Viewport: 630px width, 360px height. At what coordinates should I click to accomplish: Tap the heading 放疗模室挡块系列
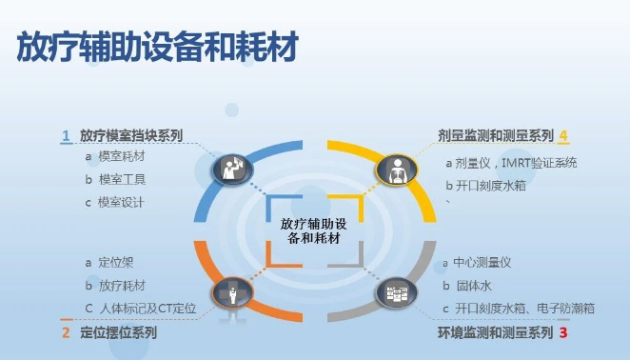coord(131,135)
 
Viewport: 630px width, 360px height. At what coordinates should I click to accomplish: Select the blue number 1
coord(66,135)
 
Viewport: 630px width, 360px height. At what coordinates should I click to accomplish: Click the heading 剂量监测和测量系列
coord(496,135)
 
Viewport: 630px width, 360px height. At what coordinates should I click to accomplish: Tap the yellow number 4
coord(563,135)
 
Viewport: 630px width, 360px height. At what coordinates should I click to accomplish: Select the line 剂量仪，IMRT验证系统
coord(516,162)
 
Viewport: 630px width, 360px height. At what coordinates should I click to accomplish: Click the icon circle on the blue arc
coord(230,169)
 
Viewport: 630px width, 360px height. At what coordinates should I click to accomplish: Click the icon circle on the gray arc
coord(396,291)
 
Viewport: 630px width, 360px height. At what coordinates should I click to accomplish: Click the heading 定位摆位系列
coord(119,333)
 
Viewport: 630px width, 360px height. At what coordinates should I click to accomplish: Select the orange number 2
coord(66,333)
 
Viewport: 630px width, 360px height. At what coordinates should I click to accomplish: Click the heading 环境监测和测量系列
coord(495,333)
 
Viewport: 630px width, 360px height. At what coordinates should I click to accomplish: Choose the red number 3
coord(563,333)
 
